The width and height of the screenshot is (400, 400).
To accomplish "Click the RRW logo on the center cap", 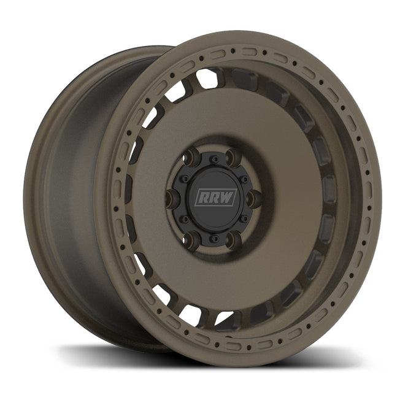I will point(210,198).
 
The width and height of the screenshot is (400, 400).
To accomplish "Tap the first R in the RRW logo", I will point(202,198).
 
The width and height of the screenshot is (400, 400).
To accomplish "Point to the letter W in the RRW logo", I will point(220,198).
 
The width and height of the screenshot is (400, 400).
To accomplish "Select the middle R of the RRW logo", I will point(210,198).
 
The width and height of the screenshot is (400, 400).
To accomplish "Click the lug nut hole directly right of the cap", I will point(252,198).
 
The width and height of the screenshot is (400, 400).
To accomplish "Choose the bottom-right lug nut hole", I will point(233,239).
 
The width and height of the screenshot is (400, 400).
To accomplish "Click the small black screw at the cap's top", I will point(212,159).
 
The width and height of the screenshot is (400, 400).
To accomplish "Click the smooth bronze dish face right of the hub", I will point(288,196).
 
